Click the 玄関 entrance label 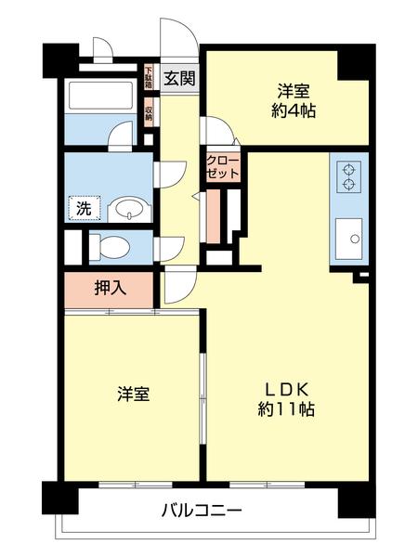179,79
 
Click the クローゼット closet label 223,167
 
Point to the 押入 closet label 110,288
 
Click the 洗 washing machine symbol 84,209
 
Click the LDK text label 286,388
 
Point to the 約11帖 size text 286,409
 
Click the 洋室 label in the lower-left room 133,395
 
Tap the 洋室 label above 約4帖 291,92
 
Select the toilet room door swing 168,248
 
